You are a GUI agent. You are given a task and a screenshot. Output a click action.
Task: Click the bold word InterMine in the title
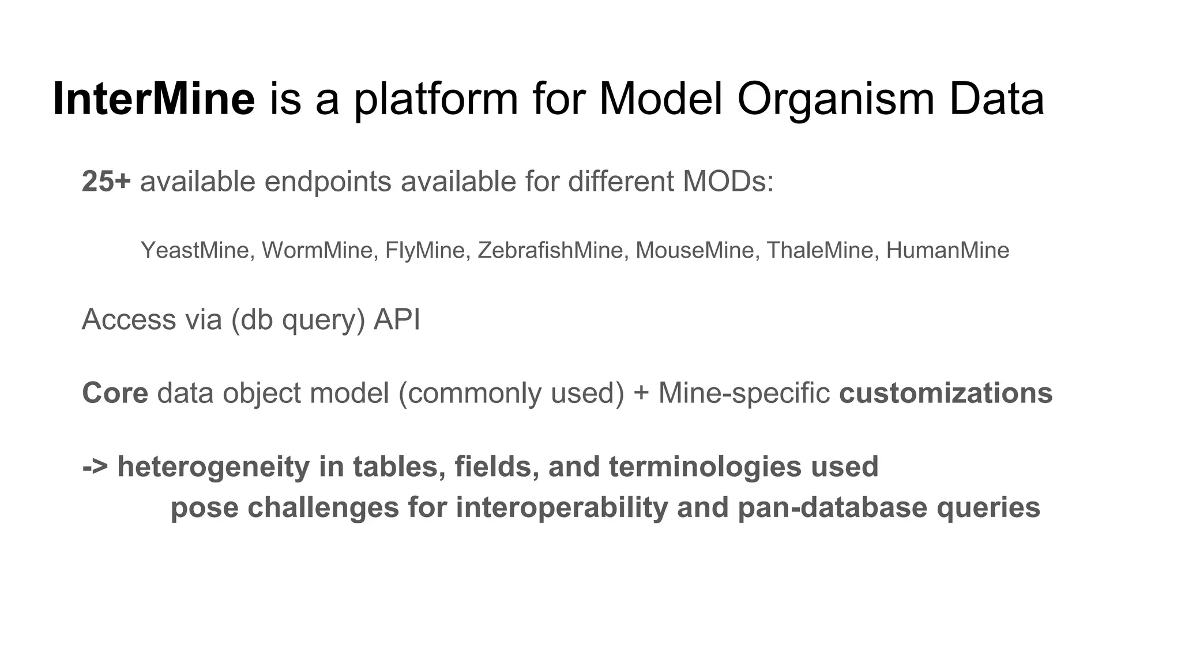tap(153, 99)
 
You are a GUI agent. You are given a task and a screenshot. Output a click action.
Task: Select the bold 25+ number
tap(107, 182)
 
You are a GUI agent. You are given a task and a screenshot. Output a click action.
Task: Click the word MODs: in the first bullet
tap(728, 182)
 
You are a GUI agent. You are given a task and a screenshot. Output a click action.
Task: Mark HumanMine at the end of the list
tap(947, 251)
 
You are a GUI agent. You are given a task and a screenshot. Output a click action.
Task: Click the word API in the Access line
tap(397, 319)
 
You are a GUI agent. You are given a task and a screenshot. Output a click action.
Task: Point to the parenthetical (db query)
tap(298, 320)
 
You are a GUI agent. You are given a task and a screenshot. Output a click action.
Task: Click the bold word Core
tap(115, 393)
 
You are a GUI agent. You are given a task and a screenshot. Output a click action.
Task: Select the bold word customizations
tap(946, 393)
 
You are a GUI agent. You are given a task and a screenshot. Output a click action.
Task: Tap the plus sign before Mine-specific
tap(641, 394)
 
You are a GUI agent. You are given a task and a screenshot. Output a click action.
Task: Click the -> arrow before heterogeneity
tap(95, 467)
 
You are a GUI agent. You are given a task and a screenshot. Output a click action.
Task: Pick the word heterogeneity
tap(213, 467)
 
